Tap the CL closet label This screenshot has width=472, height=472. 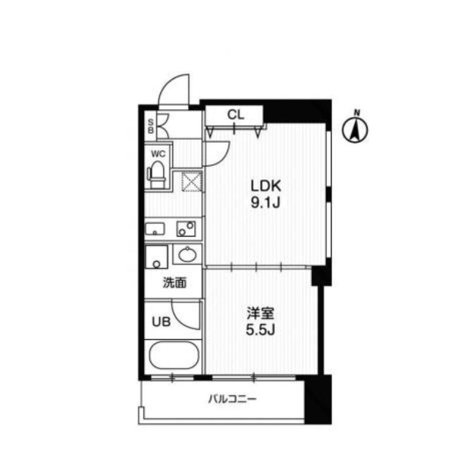pyautogui.click(x=236, y=115)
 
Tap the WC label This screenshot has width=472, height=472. pyautogui.click(x=158, y=154)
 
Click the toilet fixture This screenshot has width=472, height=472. pyautogui.click(x=157, y=175)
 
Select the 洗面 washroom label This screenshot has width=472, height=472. pyautogui.click(x=175, y=283)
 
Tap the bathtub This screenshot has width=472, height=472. pyautogui.click(x=173, y=356)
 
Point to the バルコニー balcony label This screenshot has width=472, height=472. pyautogui.click(x=232, y=399)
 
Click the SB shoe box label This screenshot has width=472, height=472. pyautogui.click(x=150, y=125)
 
